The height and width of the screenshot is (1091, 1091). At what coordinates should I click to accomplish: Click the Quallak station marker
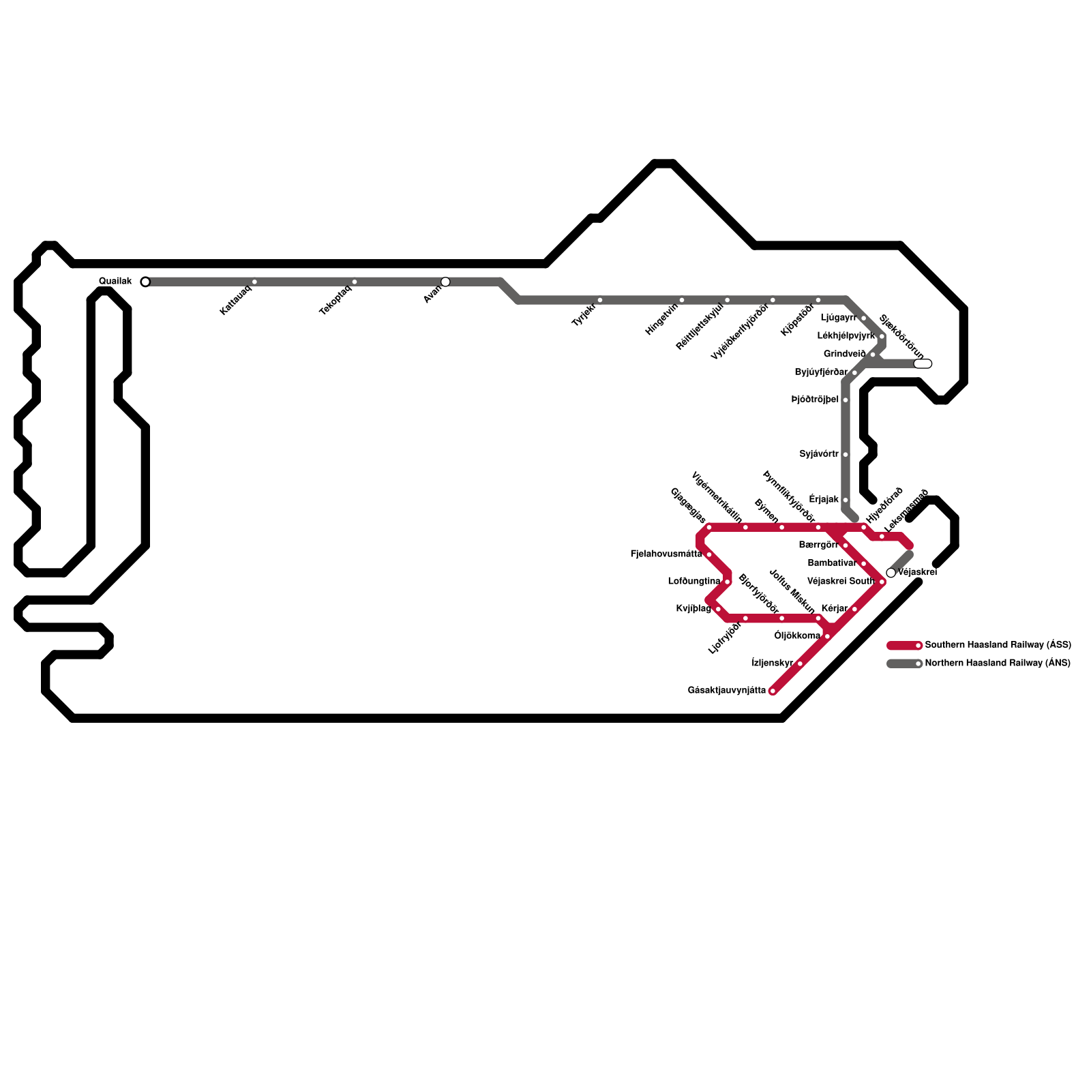(x=145, y=282)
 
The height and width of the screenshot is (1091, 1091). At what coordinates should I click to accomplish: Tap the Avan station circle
(x=445, y=282)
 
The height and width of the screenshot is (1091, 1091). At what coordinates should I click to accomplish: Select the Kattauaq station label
(x=236, y=300)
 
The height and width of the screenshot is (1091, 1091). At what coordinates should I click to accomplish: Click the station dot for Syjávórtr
(x=846, y=454)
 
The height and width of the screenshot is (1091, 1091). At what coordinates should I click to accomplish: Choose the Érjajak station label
(x=824, y=500)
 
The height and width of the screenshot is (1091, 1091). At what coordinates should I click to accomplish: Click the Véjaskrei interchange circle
(x=891, y=573)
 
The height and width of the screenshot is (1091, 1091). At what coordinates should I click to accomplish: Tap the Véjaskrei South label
(x=840, y=582)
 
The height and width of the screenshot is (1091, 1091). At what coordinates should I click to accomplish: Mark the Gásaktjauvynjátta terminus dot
(x=773, y=691)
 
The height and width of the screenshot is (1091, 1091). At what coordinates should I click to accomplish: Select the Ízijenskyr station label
(x=772, y=663)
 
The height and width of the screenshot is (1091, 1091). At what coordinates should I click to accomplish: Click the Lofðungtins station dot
(x=728, y=582)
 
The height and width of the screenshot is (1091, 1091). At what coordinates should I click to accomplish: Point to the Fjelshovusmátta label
(x=666, y=554)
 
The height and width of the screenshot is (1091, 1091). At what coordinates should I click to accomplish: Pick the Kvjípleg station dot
(x=718, y=609)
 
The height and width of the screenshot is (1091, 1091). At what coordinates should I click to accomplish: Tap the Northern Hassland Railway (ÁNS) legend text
(x=998, y=663)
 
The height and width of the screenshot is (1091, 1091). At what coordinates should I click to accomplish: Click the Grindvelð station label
(x=844, y=355)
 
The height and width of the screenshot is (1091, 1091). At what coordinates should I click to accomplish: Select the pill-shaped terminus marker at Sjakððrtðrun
(x=923, y=363)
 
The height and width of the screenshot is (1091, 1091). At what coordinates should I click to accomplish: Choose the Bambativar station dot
(x=863, y=564)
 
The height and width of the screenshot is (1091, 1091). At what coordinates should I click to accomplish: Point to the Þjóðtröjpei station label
(x=815, y=400)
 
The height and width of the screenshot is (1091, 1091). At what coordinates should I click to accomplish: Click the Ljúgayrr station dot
(x=863, y=318)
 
